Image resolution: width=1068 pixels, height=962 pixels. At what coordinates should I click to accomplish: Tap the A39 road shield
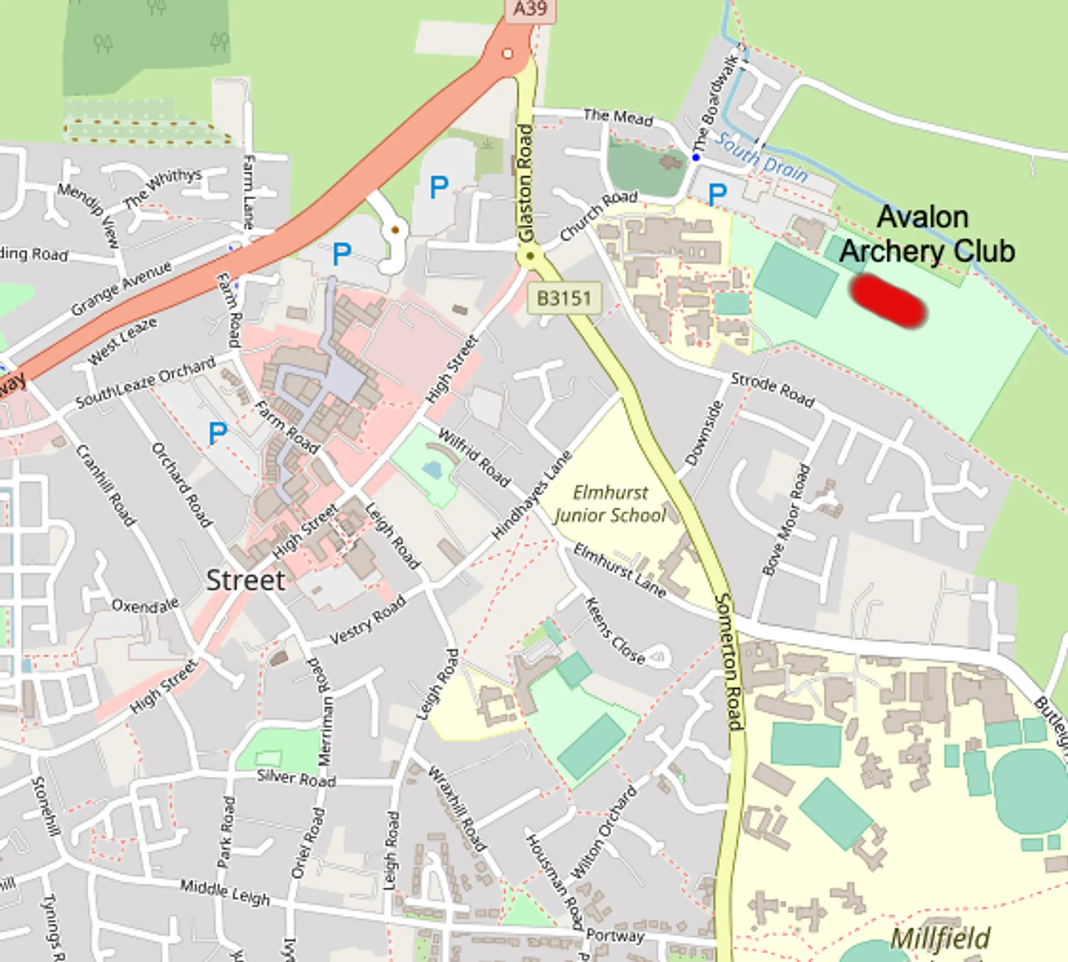pos(530,10)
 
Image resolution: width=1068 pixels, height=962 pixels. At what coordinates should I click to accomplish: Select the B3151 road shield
pos(564,298)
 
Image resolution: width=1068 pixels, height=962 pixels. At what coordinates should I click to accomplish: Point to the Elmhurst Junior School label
pos(610,504)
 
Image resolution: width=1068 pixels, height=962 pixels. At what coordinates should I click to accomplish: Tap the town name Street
pos(246,580)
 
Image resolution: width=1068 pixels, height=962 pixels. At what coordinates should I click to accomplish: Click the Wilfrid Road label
pos(474,458)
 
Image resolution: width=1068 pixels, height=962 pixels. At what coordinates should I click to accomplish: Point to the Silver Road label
pos(296,778)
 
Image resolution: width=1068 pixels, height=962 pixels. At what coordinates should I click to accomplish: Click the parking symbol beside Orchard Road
pos(217,433)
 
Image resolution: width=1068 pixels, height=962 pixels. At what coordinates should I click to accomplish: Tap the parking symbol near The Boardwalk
pos(717,195)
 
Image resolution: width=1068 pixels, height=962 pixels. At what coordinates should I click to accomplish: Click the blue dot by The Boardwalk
pos(696,157)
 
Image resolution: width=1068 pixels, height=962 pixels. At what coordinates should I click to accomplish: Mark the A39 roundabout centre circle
pos(507,53)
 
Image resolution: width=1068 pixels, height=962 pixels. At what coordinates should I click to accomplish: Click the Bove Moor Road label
pos(786,519)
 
